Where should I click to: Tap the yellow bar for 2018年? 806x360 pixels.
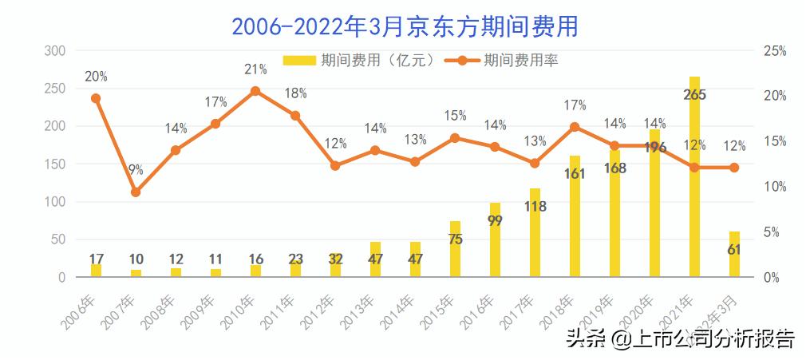point(575,216)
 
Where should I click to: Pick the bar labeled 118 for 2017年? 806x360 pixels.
point(535,233)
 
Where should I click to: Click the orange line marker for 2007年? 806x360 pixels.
point(136,192)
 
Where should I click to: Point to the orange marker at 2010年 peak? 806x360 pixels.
point(255,91)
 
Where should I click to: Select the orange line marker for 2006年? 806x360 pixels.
point(96,98)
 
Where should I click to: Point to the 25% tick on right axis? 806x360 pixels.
point(775,51)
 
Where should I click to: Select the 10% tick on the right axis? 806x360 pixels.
point(775,187)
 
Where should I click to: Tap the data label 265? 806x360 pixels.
point(694,94)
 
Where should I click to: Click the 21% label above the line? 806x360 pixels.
point(255,70)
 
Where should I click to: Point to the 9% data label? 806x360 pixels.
point(136,169)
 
